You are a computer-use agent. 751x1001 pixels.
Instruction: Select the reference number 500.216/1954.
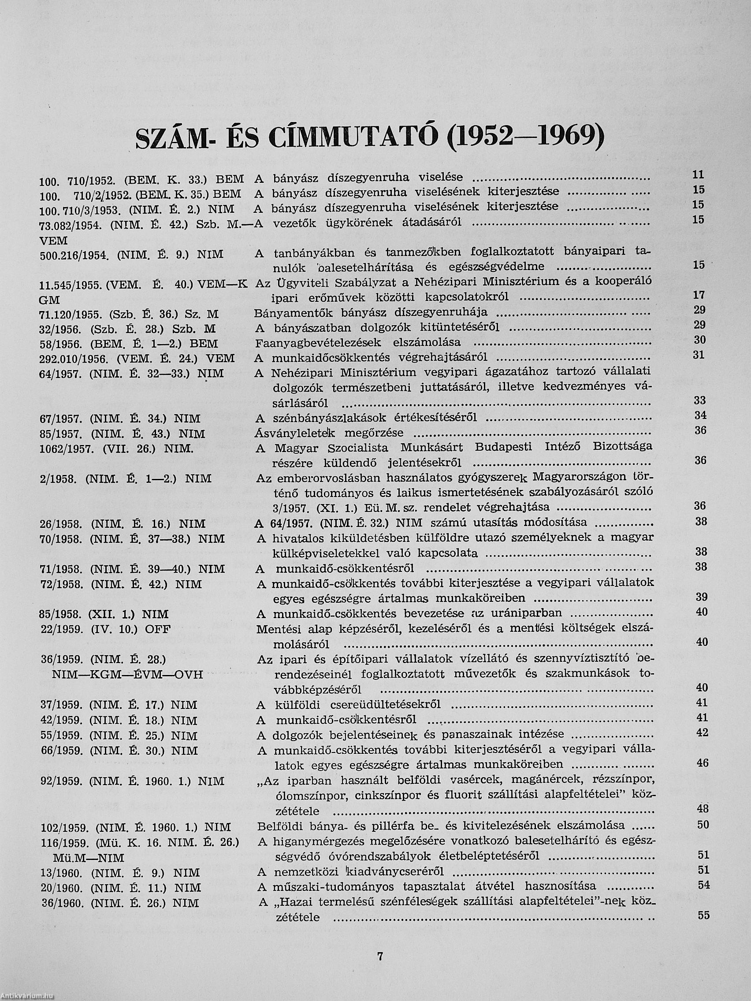(x=74, y=255)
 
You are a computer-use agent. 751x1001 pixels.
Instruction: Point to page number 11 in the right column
(x=699, y=174)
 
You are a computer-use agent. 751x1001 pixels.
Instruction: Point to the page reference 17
(x=699, y=295)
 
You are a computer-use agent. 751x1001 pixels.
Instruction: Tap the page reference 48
(x=703, y=808)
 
